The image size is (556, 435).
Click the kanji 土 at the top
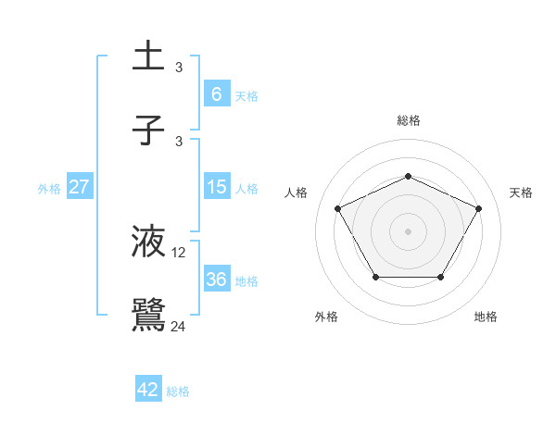[149, 57]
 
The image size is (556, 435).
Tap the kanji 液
[149, 242]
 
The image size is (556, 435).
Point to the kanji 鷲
[149, 315]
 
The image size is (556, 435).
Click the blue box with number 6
[216, 94]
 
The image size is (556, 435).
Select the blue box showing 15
[216, 187]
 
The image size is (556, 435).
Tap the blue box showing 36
[216, 279]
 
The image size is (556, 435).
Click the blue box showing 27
[79, 187]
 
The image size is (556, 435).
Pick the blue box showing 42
[148, 390]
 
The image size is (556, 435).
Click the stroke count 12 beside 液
[179, 253]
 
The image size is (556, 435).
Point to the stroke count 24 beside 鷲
[179, 326]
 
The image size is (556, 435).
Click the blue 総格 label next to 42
[178, 391]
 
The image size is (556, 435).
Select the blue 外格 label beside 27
[49, 188]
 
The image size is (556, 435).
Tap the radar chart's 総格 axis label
[408, 120]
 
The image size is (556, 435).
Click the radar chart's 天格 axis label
[521, 193]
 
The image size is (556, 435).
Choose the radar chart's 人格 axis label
[296, 193]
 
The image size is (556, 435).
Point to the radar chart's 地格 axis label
[486, 317]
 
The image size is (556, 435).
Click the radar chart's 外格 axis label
[325, 317]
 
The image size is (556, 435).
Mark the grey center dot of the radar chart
[408, 230]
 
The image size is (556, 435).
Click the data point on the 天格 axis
[478, 208]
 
